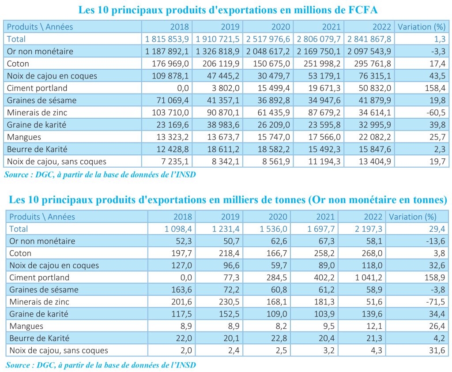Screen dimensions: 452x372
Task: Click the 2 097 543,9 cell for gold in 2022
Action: click(x=369, y=51)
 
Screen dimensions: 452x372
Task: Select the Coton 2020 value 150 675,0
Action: click(x=271, y=64)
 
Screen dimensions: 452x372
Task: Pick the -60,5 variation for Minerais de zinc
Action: click(x=436, y=113)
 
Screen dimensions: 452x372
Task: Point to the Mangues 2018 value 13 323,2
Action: click(x=173, y=137)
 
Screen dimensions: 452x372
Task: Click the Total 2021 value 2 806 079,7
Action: click(x=319, y=39)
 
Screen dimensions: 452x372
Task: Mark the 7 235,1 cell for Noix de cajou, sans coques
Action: click(x=175, y=162)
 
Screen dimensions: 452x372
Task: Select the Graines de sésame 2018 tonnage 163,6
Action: click(x=181, y=289)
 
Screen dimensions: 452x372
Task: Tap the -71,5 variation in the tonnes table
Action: click(x=436, y=302)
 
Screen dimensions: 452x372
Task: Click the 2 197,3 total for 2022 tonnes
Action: click(x=368, y=229)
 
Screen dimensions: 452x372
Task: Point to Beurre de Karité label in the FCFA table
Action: click(x=37, y=149)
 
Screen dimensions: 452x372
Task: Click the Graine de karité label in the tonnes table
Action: click(x=39, y=314)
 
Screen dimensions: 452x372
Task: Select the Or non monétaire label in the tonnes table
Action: click(x=42, y=241)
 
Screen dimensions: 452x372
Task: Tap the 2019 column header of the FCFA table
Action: click(x=230, y=27)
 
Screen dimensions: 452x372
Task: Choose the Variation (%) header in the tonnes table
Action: click(x=413, y=217)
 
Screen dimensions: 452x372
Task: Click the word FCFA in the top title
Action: click(x=363, y=10)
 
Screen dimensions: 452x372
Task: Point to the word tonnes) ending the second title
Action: click(x=430, y=199)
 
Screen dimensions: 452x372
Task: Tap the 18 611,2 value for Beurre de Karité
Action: click(x=223, y=149)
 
